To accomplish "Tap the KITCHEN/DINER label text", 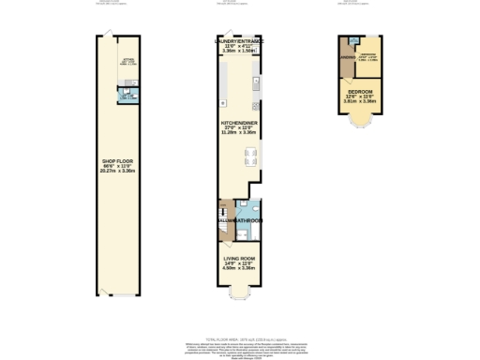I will click(239, 122).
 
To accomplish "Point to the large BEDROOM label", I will click(360, 92).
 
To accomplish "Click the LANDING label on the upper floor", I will click(347, 64).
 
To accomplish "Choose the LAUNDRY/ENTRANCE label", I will click(239, 42).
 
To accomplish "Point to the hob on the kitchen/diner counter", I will click(221, 102).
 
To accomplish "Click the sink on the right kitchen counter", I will click(255, 84).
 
